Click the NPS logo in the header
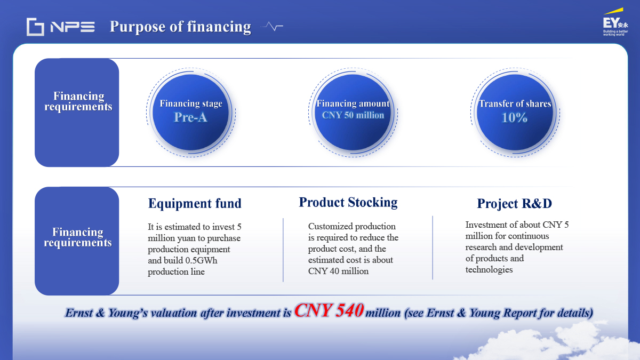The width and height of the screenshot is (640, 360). point(61,27)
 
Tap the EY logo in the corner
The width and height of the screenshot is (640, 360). point(615,22)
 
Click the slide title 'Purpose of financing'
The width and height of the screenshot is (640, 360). point(180,27)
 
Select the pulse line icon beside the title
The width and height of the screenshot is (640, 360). point(271,26)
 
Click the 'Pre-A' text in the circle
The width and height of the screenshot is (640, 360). point(190,117)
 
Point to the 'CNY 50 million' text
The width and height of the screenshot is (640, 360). point(353,115)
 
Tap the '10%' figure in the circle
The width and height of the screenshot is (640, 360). point(515,117)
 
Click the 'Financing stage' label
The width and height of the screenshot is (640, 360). point(191,103)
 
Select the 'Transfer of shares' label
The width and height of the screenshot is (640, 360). point(515,103)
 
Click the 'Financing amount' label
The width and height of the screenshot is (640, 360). point(353,103)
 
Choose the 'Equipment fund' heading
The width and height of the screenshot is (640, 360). point(195,203)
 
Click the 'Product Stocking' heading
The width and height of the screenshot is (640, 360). point(348,202)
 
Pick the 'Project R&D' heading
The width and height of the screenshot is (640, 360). point(515,203)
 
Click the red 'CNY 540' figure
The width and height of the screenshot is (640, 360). point(329,310)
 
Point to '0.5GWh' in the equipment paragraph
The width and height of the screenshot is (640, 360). point(201,260)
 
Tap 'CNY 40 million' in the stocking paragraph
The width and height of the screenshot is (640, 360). point(338,271)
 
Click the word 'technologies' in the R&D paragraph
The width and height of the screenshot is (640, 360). point(489,269)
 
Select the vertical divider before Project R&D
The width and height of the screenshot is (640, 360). point(433,247)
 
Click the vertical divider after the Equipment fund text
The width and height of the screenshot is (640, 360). point(283,250)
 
